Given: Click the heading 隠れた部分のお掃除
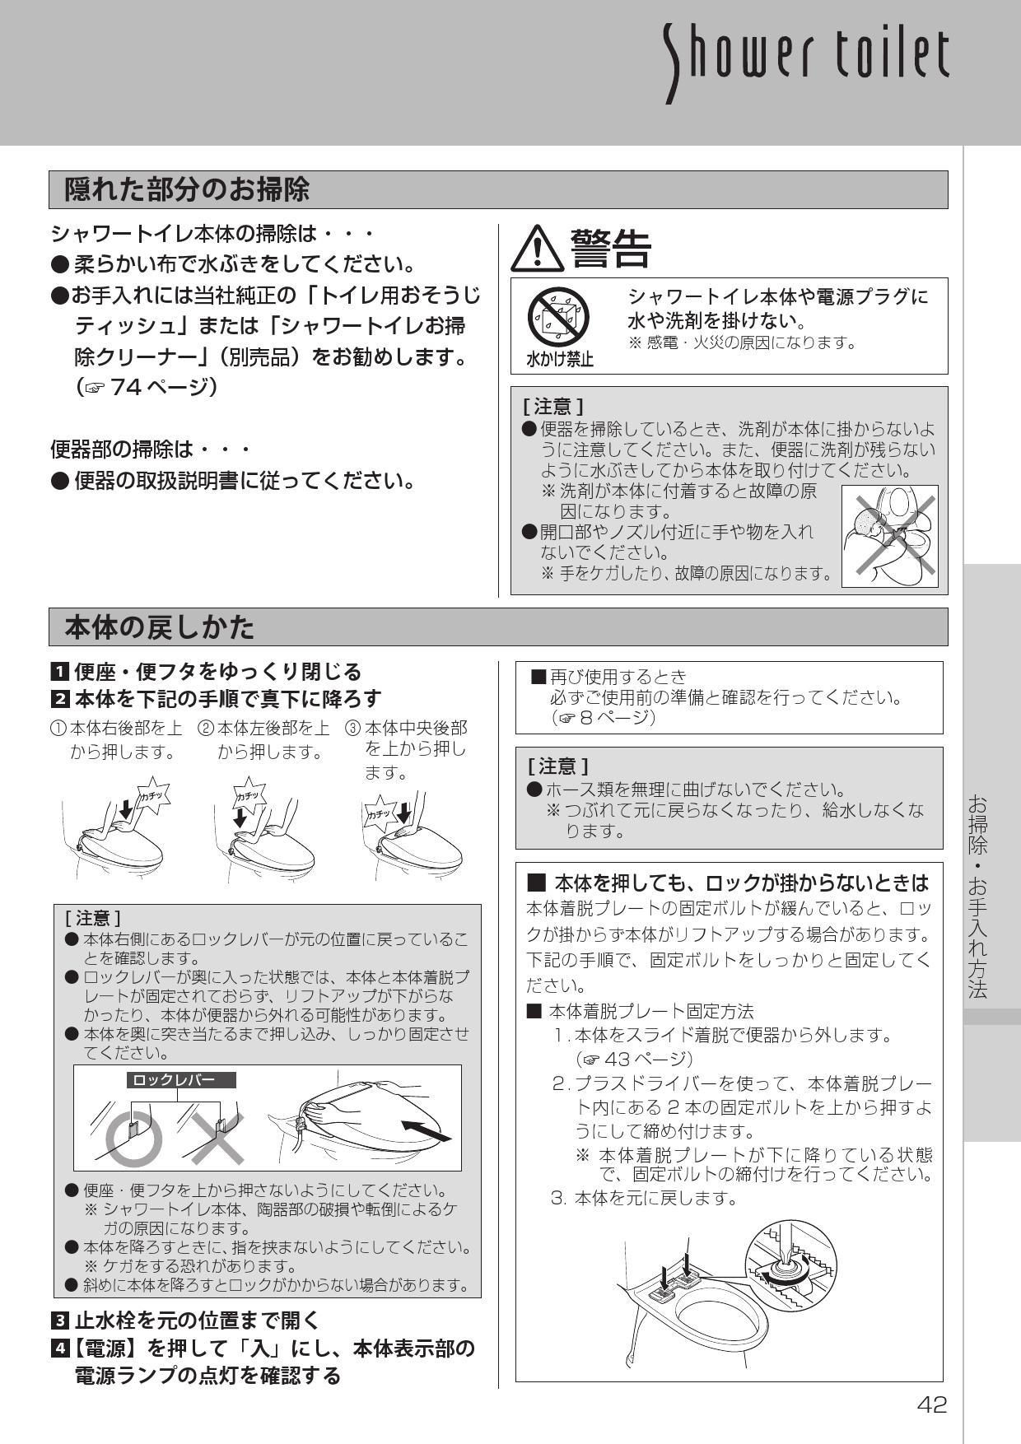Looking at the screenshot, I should click(187, 189).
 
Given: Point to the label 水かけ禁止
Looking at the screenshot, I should click(559, 360).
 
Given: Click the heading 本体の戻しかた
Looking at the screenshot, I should click(160, 627).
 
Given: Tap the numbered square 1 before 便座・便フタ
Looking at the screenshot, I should click(60, 673).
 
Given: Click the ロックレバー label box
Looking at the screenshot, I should click(181, 1079).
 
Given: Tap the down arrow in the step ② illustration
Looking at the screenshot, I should click(240, 817).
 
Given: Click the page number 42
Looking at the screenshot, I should click(932, 1404).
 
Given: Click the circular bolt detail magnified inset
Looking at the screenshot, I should click(789, 1269).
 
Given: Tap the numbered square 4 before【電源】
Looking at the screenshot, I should click(60, 1349).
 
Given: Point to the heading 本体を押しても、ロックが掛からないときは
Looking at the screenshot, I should click(729, 883).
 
